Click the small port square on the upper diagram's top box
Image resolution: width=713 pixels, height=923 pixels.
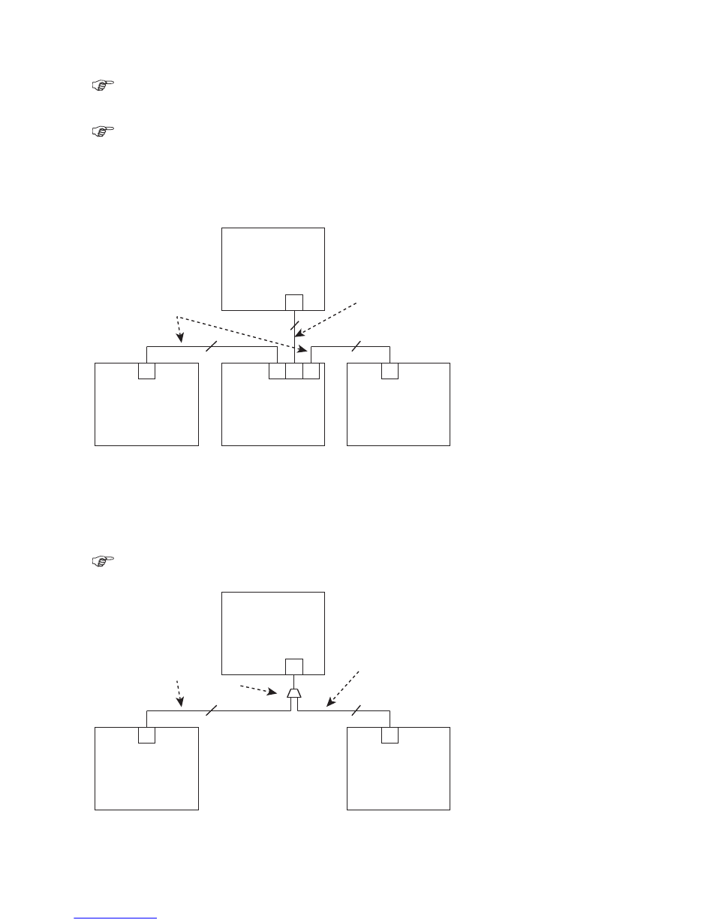point(294,302)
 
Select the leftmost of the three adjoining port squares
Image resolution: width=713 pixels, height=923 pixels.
point(277,370)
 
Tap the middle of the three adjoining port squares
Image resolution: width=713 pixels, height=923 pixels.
point(294,370)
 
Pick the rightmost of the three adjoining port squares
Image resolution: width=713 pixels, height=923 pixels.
point(311,370)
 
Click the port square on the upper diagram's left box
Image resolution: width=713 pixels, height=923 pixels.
point(146,371)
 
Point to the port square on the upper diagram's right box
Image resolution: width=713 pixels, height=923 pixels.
point(390,371)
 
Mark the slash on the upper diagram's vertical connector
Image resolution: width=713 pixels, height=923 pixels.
point(294,324)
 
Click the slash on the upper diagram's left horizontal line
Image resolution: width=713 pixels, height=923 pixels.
point(212,346)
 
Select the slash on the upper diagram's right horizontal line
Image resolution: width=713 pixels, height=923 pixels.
point(356,346)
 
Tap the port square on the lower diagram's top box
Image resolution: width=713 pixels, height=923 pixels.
point(294,666)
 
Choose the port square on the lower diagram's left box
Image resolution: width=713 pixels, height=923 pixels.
point(146,735)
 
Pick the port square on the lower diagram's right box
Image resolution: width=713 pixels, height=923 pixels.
point(390,735)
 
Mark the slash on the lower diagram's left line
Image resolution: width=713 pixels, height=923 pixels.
point(212,710)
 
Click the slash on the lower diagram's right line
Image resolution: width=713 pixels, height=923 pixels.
point(356,710)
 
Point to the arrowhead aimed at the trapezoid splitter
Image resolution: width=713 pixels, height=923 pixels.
point(281,692)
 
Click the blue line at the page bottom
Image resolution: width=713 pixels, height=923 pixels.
point(116,917)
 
